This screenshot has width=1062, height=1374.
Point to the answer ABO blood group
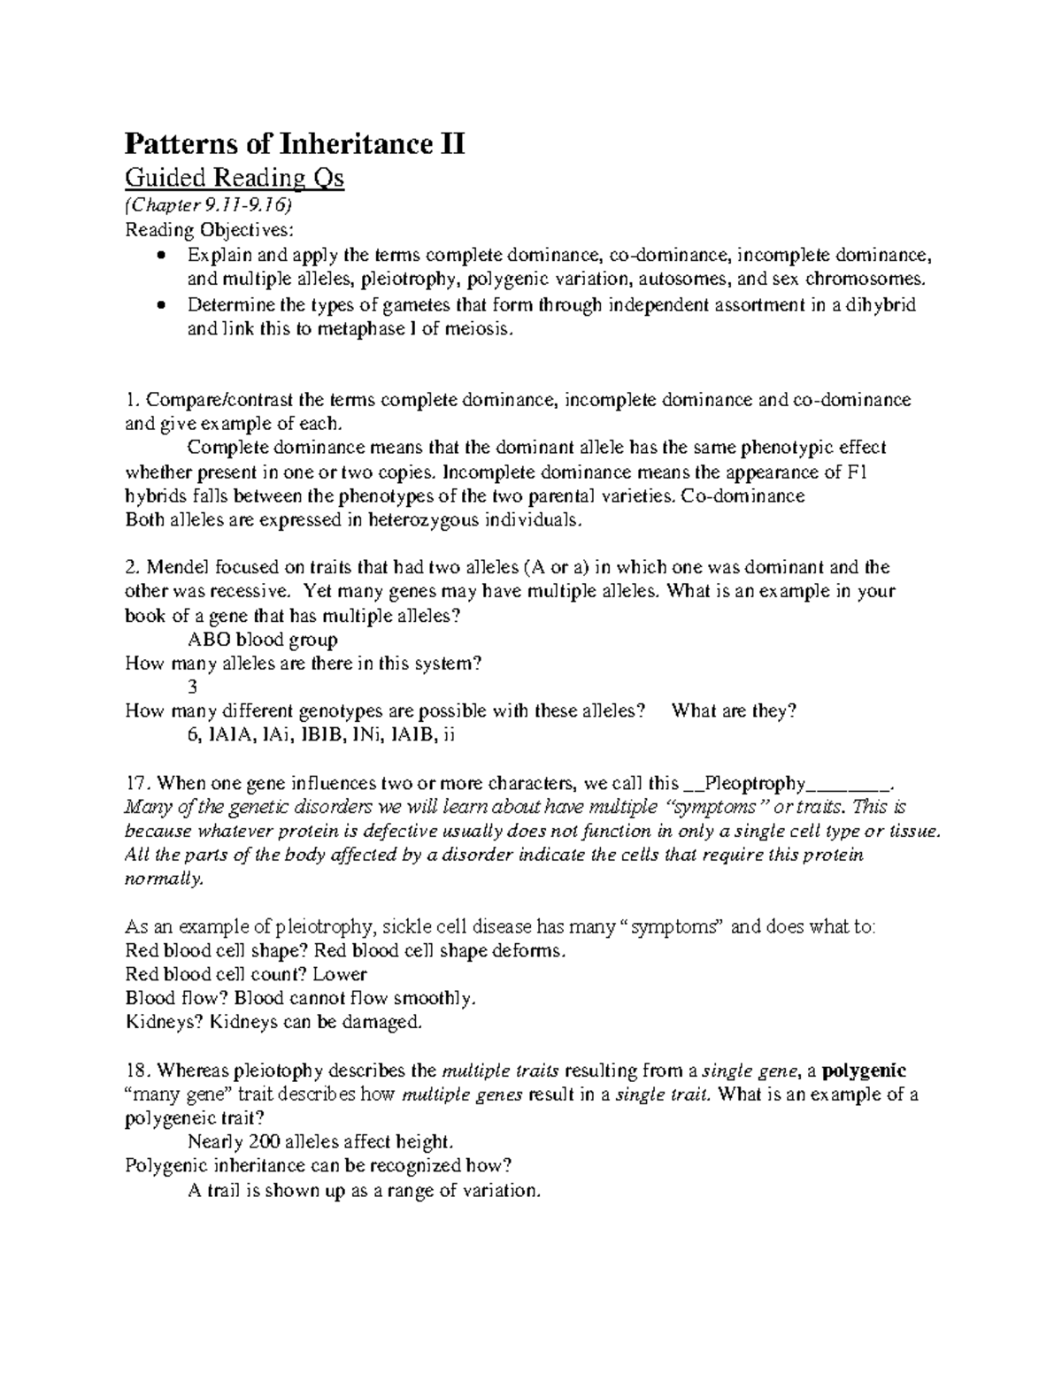point(263,639)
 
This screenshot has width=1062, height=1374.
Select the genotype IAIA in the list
point(232,734)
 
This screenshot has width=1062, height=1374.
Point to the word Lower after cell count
point(346,974)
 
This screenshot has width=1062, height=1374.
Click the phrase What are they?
point(735,710)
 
